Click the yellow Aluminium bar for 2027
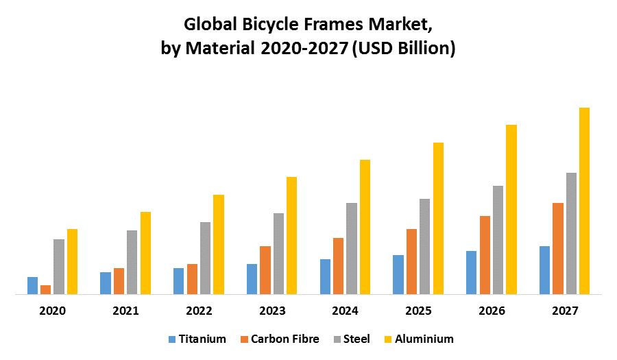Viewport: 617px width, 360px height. (584, 201)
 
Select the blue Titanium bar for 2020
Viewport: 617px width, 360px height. (32, 285)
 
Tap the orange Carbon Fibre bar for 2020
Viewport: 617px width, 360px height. (45, 289)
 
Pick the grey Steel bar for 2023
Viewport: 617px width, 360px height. (278, 254)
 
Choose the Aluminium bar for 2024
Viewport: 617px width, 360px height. (365, 227)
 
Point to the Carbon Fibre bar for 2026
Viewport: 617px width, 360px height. (485, 255)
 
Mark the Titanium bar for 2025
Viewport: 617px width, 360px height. (398, 274)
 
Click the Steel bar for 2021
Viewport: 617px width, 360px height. (132, 262)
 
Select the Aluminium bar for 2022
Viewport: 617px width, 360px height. (218, 244)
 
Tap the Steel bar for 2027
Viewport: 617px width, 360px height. (571, 233)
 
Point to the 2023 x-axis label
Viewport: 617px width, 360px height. (272, 311)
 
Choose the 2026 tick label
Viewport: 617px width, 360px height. (492, 311)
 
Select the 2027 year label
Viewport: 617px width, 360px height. (565, 311)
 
